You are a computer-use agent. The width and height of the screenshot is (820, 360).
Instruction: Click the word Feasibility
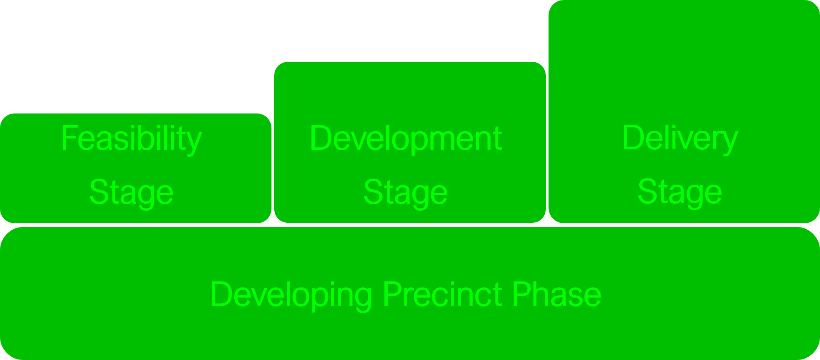click(x=131, y=138)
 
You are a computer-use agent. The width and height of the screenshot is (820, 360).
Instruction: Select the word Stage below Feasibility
click(x=131, y=192)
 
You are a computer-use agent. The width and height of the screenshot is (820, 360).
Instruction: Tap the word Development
click(x=406, y=138)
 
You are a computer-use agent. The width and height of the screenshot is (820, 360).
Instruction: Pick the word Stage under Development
click(x=405, y=192)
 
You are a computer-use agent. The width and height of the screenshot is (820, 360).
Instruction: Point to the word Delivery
click(x=680, y=138)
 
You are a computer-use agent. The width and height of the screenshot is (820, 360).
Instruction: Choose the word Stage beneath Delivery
click(x=680, y=192)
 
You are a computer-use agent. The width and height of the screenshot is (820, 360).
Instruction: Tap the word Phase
click(x=556, y=294)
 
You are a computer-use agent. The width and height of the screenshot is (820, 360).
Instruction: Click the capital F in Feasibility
click(x=68, y=138)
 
